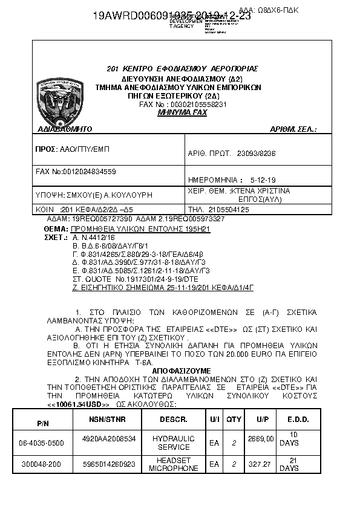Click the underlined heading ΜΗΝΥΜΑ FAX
[182, 112]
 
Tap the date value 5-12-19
[263, 180]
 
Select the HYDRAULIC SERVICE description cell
[173, 443]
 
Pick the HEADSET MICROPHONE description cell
[173, 464]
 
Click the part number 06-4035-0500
[41, 443]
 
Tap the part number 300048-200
[41, 464]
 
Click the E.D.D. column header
[298, 419]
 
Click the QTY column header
[234, 419]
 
